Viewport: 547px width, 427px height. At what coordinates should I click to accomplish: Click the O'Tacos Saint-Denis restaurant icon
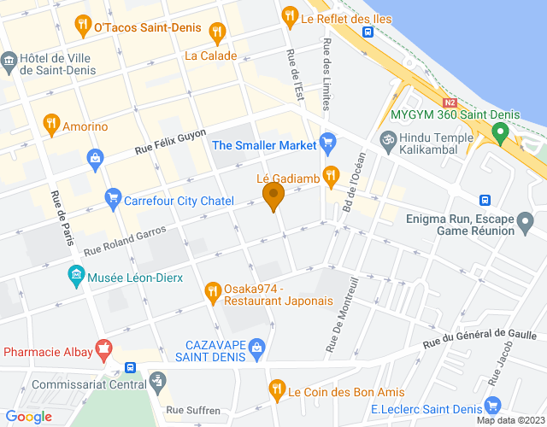pyautogui.click(x=82, y=26)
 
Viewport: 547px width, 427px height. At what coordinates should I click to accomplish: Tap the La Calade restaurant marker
pyautogui.click(x=217, y=33)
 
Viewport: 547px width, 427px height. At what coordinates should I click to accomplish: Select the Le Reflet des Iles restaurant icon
pyautogui.click(x=290, y=15)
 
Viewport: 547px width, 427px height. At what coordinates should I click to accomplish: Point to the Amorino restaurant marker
pyautogui.click(x=51, y=125)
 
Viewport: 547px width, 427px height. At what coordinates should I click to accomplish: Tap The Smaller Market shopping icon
pyautogui.click(x=327, y=141)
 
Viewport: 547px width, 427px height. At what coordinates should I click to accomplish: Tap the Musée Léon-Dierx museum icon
pyautogui.click(x=76, y=277)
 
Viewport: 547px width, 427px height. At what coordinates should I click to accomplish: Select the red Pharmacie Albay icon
pyautogui.click(x=104, y=348)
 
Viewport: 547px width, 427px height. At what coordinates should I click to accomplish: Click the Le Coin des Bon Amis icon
pyautogui.click(x=276, y=390)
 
